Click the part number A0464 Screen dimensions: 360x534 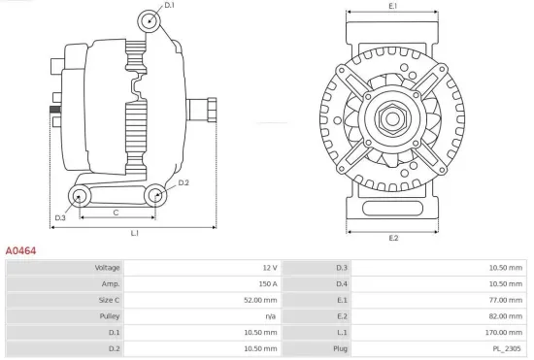click(21, 250)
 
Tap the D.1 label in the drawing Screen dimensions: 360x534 click(169, 6)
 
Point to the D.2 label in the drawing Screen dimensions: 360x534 click(184, 182)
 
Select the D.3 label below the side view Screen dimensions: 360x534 click(60, 217)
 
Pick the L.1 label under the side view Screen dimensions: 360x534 click(135, 233)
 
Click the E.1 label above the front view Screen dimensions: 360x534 click(392, 7)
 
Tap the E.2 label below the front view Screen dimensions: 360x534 click(393, 238)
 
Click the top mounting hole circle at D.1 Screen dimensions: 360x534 click(148, 21)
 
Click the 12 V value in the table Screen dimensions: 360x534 click(269, 267)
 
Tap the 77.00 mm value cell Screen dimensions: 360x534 click(507, 300)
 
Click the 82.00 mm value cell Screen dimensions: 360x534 click(507, 316)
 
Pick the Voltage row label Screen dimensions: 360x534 click(107, 267)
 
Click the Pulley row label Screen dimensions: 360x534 click(110, 316)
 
